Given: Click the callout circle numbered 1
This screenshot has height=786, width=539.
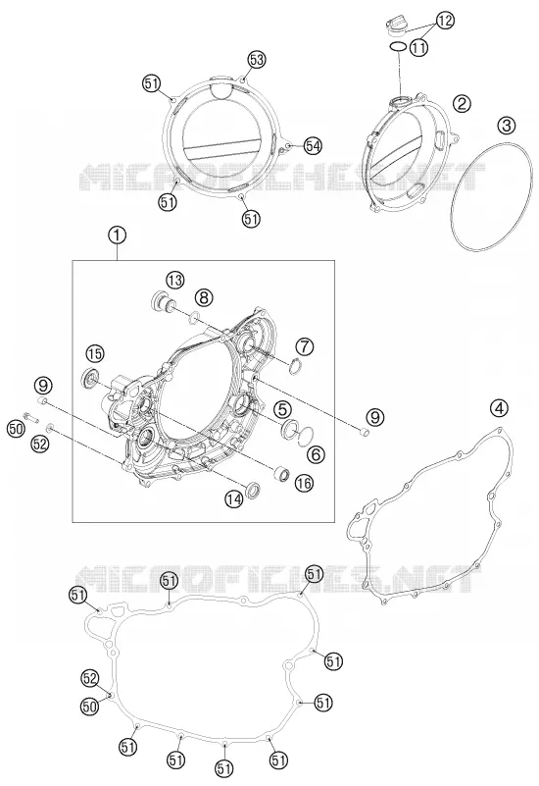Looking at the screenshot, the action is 118,235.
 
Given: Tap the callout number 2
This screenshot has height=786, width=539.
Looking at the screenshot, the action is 462,103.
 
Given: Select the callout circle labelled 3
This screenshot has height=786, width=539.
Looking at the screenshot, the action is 507,126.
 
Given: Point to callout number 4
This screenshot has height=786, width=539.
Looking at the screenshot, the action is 499,408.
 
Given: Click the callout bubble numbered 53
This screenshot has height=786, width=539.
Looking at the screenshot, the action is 257,60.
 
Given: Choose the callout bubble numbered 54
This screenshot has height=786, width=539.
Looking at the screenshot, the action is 313,146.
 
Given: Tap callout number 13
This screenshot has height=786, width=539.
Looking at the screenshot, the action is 175,281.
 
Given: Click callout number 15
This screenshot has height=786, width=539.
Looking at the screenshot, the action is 94,354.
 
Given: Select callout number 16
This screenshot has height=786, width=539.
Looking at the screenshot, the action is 304,483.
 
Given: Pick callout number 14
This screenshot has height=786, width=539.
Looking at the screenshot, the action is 233,498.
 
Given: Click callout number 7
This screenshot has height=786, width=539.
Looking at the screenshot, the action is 304,345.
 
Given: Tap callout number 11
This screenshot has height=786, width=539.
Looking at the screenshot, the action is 418,48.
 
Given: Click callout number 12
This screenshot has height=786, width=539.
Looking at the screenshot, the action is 445,21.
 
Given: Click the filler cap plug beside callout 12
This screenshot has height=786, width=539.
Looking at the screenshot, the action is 397,26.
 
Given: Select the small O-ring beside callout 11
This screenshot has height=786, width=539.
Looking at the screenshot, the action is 398,47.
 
